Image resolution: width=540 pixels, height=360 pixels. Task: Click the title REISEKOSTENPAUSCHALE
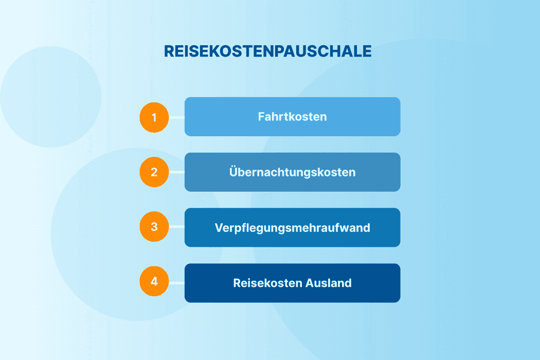click(267, 51)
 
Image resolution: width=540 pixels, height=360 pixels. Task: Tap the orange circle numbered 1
click(154, 117)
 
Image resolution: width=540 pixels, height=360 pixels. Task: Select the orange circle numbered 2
click(154, 172)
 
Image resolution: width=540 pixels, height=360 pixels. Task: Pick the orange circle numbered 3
click(154, 227)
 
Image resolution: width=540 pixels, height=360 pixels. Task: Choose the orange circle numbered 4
click(154, 283)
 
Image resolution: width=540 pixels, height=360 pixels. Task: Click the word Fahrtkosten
click(292, 117)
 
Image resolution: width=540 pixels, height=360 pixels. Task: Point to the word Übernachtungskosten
click(292, 172)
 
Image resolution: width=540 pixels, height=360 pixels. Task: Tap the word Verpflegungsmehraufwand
click(292, 227)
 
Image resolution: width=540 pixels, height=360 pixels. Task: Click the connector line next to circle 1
click(176, 117)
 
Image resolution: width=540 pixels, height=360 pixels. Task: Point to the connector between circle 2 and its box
click(176, 172)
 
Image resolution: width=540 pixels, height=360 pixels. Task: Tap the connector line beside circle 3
click(176, 227)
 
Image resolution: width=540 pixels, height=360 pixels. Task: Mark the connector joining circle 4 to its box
click(176, 283)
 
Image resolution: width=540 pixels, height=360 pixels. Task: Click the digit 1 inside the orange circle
click(154, 117)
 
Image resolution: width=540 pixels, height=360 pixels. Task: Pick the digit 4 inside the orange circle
click(154, 282)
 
